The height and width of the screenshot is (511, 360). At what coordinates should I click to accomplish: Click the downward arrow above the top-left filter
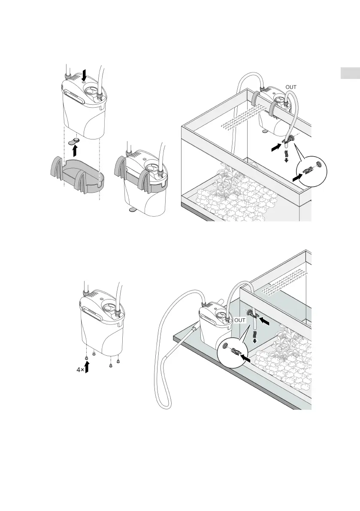point(85,76)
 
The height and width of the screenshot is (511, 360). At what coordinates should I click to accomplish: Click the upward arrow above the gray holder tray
point(76,150)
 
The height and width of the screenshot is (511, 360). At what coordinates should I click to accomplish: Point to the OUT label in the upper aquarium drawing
point(290,87)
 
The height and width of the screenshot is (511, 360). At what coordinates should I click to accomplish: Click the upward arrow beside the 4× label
point(87,367)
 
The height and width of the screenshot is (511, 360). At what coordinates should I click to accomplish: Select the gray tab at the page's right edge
point(350,73)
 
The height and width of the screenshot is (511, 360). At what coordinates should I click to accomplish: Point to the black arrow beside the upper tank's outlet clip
point(272,148)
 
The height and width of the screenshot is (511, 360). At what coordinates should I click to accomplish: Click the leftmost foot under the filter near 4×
point(86,356)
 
